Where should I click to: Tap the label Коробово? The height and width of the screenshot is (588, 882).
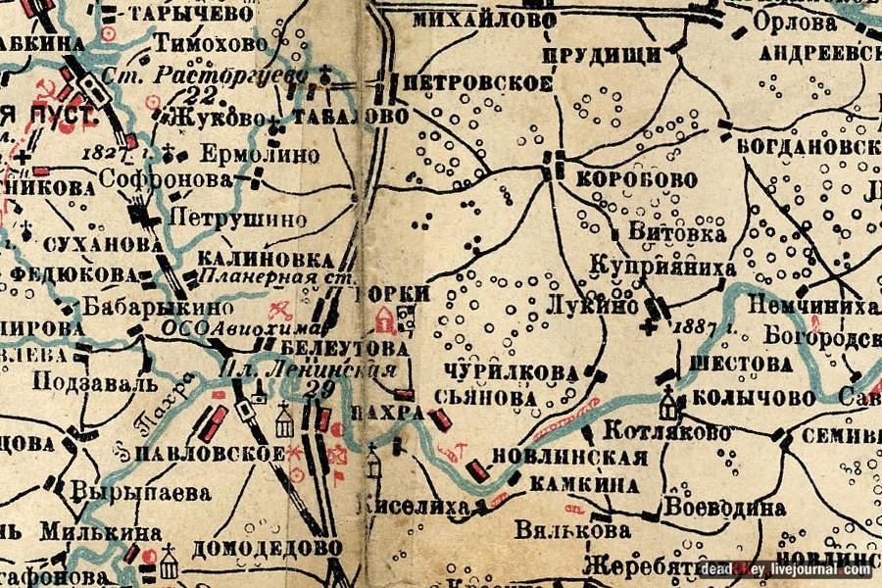pos(636,180)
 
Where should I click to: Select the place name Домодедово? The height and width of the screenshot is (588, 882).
pos(268,547)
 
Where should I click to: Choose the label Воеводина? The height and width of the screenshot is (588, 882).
pos(724,509)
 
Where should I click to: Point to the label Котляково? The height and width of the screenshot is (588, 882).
pos(666,432)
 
